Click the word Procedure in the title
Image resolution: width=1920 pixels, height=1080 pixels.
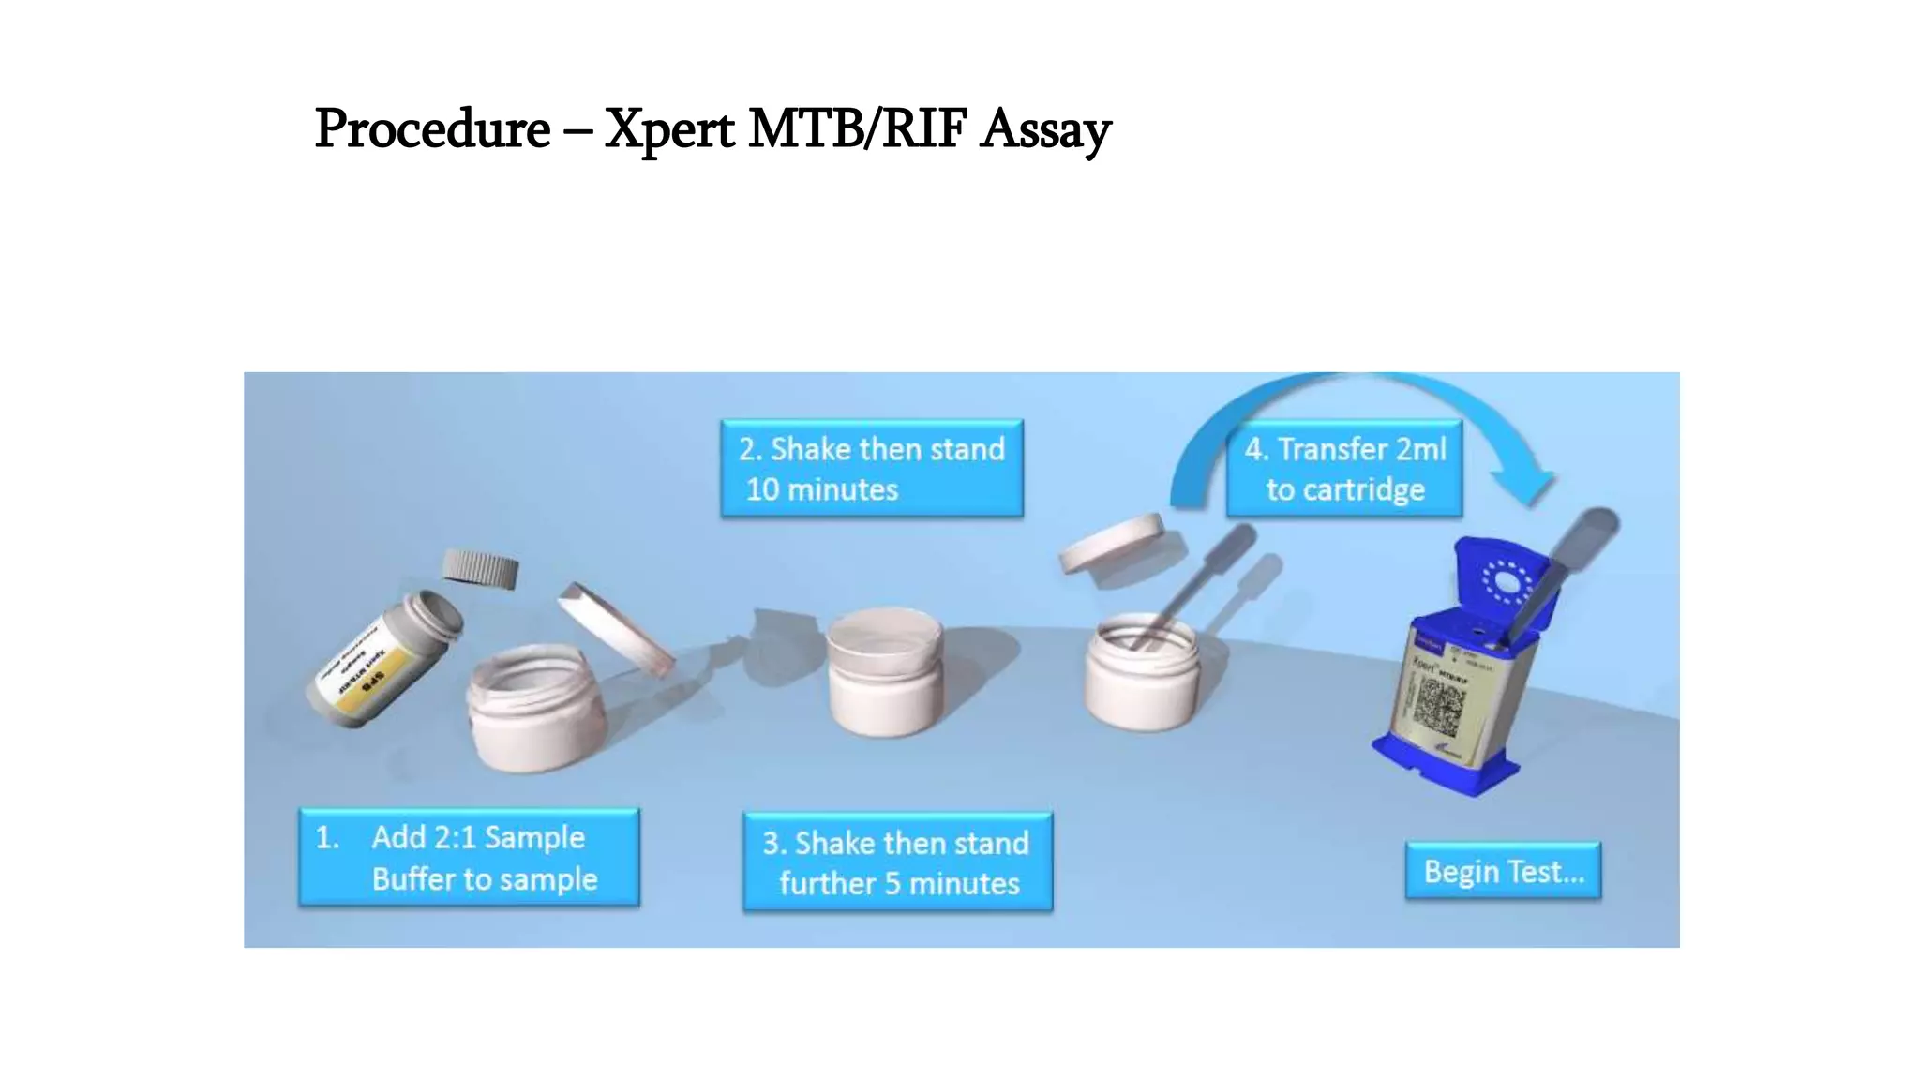[x=432, y=128]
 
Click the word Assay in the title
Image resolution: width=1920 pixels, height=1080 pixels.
[x=1045, y=128]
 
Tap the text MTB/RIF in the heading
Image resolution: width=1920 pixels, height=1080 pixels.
[x=857, y=128]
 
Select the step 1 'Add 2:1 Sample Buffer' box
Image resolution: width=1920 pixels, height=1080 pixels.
[x=469, y=857]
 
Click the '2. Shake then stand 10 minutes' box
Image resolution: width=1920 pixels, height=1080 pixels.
[x=871, y=468]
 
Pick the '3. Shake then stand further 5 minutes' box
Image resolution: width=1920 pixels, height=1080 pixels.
[x=897, y=862]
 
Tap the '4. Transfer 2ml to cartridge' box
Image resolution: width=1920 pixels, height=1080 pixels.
[x=1344, y=468]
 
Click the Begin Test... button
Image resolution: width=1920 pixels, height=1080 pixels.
[x=1503, y=871]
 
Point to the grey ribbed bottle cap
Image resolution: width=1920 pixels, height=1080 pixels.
[x=480, y=568]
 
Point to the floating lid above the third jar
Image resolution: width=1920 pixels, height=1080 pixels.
[x=1112, y=543]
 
